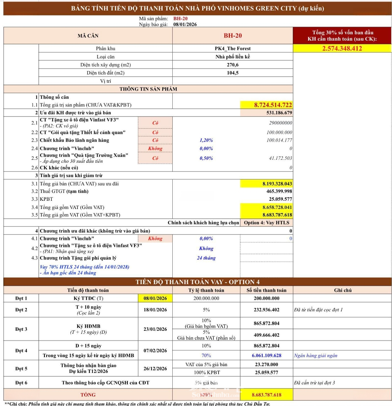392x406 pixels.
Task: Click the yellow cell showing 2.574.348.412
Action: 342,48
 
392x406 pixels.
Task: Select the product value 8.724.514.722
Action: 273,105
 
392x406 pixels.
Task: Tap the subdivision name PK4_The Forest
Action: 232,48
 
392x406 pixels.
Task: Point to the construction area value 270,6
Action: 232,65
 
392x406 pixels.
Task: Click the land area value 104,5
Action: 232,73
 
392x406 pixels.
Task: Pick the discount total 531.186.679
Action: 276,113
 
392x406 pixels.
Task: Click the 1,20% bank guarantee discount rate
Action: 206,140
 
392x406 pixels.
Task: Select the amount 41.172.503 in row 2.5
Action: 280,158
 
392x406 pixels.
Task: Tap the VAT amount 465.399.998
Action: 277,191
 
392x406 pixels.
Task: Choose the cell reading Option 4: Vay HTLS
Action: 266,223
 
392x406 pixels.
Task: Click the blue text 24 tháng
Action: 206,258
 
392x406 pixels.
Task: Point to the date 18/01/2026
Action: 155,310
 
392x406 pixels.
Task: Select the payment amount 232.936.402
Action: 266,310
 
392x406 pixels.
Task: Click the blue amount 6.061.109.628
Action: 266,355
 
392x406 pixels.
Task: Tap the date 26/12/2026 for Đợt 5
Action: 155,368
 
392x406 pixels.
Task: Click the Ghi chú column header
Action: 342,290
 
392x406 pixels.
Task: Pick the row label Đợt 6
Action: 21,383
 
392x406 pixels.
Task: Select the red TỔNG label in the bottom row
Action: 88,395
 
